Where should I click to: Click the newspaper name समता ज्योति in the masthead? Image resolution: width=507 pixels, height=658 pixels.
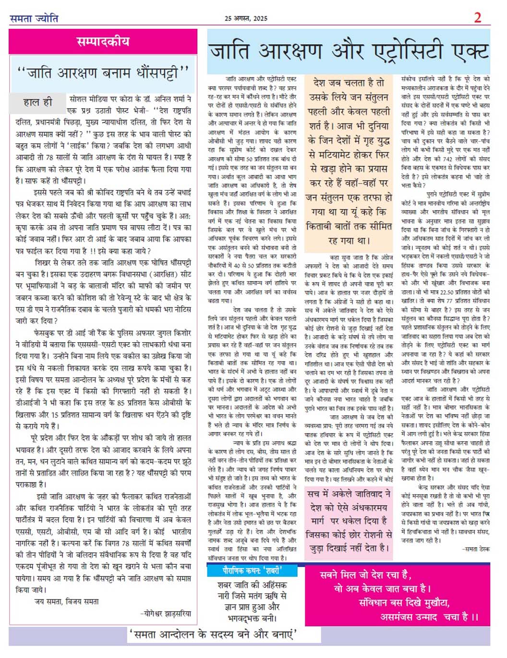click(34, 18)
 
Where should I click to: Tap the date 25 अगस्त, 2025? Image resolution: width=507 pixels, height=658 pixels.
click(246, 18)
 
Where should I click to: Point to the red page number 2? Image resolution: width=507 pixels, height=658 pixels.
click(477, 18)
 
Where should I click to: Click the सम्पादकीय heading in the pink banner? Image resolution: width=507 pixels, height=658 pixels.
click(103, 41)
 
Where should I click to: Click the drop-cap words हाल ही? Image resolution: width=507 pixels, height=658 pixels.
click(37, 102)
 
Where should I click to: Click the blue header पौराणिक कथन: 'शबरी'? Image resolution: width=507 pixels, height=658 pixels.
click(252, 571)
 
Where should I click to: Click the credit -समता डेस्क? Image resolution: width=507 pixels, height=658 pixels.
click(476, 549)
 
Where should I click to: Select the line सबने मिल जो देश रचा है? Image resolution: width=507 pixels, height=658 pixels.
click(365, 575)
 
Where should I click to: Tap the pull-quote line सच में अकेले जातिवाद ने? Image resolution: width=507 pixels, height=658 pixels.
click(349, 494)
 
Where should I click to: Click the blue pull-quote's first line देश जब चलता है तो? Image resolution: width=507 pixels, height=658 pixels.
click(349, 83)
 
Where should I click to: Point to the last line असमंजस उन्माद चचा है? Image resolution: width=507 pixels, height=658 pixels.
click(429, 617)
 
